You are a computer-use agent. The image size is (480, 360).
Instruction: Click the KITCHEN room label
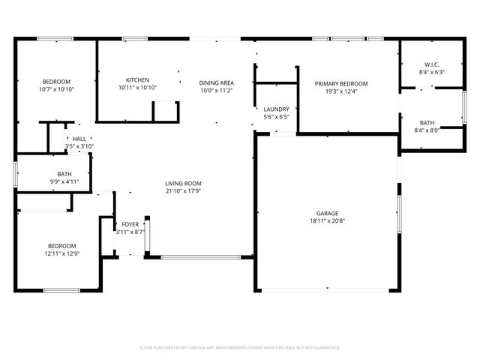[x=137, y=80]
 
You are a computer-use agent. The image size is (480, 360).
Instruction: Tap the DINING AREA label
[x=216, y=82]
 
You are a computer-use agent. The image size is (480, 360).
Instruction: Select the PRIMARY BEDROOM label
[x=341, y=83]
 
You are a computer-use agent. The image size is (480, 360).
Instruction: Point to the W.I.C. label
[x=430, y=64]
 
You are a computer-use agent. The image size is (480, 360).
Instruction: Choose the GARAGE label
[x=327, y=213]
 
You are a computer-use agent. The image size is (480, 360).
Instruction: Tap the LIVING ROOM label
[x=183, y=183]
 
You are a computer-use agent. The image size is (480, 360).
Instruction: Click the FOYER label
[x=130, y=224]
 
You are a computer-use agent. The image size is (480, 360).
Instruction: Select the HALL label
[x=79, y=139]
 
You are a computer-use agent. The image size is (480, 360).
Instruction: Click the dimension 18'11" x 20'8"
[x=327, y=221]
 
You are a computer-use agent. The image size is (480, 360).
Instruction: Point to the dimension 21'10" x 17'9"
[x=183, y=191]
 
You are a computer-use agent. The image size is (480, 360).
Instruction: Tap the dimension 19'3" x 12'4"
[x=341, y=91]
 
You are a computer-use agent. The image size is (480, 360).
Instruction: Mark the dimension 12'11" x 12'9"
[x=62, y=254]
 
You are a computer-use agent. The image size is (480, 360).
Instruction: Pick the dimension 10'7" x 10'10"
[x=56, y=89]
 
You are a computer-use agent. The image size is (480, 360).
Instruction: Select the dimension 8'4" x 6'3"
[x=430, y=72]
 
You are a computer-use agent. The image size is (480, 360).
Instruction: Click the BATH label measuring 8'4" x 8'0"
[x=427, y=122]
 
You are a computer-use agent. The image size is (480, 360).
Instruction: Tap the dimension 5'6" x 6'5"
[x=276, y=118]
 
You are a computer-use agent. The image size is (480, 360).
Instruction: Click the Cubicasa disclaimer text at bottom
[x=240, y=347]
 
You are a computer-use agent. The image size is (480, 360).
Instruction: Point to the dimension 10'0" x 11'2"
[x=216, y=91]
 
